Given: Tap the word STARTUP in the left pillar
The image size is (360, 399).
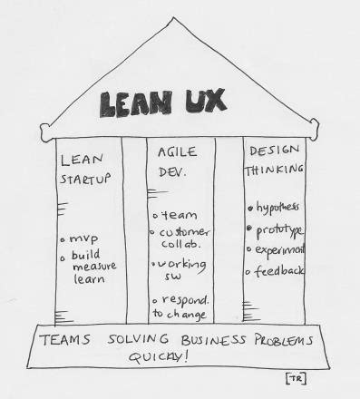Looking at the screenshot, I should tap(84, 179).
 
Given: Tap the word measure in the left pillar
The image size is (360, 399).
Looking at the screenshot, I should tap(90, 268).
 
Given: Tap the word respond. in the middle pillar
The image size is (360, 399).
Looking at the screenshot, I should tap(186, 298).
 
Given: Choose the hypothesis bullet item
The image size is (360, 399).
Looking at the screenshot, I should tap(276, 208).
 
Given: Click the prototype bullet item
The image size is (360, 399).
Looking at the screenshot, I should tap(277, 229).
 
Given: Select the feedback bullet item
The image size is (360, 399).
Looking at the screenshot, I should tap(277, 270).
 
